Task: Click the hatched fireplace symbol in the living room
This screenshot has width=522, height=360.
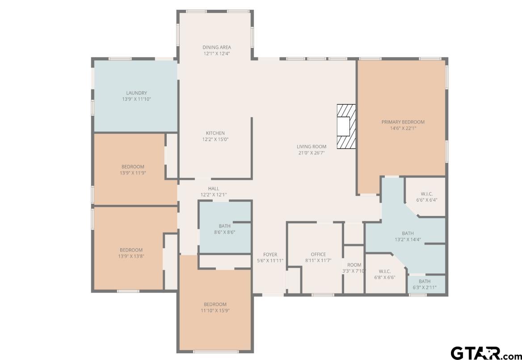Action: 346,126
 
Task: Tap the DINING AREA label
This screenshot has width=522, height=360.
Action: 217,47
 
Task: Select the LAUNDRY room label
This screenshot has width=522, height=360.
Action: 136,93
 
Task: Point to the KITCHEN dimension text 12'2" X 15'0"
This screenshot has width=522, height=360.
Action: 215,139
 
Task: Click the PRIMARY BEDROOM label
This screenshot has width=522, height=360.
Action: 403,122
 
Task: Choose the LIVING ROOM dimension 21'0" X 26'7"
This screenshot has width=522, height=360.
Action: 312,152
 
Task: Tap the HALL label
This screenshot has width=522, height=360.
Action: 213,189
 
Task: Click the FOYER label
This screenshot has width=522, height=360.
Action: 270,254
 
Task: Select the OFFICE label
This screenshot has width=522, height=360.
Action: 318,254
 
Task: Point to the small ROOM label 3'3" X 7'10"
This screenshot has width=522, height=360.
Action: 354,265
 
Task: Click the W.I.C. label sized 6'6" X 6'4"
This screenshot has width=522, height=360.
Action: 426,194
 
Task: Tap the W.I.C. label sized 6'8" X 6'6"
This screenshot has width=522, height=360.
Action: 385,271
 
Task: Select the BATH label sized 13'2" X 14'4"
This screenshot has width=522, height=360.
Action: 408,233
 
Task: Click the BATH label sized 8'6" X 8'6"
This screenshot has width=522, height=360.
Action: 224,226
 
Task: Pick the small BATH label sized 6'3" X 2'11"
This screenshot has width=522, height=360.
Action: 425,281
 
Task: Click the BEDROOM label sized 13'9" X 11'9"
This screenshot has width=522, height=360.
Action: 133,167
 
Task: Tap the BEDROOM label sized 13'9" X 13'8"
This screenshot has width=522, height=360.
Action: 131,250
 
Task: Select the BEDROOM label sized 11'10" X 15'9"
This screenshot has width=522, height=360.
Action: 215,304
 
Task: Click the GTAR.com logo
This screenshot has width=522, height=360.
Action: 485,353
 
